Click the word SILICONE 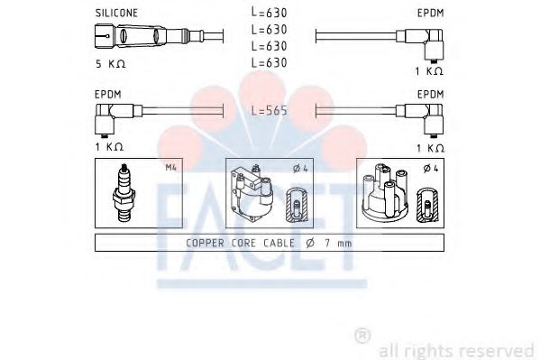point(116,14)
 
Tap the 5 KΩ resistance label point(111,64)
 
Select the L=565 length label point(269,110)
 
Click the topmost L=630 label point(269,13)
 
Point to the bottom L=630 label point(269,62)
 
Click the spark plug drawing point(124,193)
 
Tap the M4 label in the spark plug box point(170,168)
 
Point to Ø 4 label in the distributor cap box point(431,169)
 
